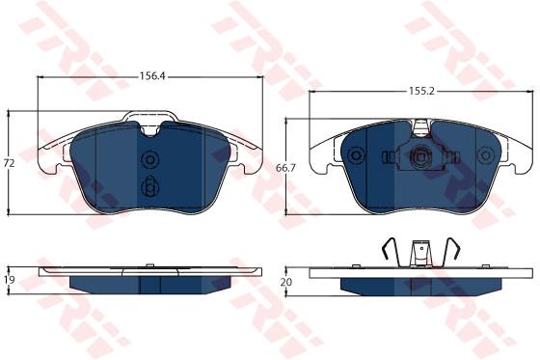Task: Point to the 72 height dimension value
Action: (10, 163)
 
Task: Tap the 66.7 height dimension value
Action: (286, 168)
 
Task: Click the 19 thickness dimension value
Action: (10, 280)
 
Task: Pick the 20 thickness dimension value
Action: (286, 282)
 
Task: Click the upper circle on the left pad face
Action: (150, 159)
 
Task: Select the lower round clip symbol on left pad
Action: (150, 188)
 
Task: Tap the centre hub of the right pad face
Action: (420, 157)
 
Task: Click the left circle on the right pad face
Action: (356, 154)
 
